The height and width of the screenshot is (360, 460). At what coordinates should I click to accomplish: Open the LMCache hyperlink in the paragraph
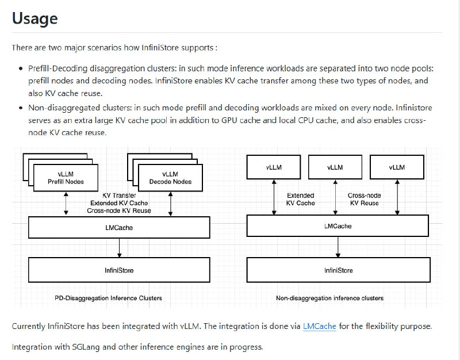[319, 326]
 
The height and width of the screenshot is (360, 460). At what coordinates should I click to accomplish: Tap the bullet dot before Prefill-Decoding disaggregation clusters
[21, 68]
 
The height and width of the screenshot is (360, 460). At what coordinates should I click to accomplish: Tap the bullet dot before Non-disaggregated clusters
[21, 108]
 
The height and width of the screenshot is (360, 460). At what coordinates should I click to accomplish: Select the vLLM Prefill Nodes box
[66, 178]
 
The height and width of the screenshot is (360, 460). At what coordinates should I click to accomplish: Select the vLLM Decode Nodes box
[170, 178]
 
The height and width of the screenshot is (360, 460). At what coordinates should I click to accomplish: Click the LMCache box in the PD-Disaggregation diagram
[119, 228]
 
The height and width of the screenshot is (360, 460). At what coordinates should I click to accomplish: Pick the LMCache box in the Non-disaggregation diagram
[338, 226]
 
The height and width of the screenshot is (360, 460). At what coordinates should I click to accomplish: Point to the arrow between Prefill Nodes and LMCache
[67, 203]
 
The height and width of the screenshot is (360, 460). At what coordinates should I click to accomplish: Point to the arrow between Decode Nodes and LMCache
[171, 203]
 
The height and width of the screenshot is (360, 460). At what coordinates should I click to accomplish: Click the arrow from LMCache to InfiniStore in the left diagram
[119, 248]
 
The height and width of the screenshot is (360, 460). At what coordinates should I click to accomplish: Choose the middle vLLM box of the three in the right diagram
[335, 167]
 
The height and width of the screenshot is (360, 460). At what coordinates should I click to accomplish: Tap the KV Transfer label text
[119, 196]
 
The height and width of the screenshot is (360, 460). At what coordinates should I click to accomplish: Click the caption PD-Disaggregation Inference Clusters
[108, 298]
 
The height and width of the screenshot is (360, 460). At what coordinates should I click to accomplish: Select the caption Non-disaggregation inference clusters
[329, 298]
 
